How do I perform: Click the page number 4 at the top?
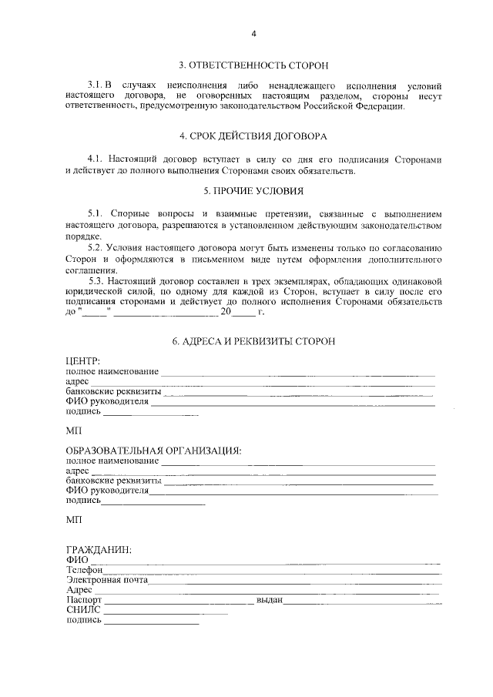coord(253,34)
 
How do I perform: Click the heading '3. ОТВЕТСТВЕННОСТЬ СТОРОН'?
coord(253,65)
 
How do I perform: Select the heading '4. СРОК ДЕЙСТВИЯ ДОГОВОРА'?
coord(253,136)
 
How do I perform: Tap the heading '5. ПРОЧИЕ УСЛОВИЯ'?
coord(253,190)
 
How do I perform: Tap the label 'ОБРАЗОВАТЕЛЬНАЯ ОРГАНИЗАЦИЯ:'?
coord(153,450)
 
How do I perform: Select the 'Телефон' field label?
coord(85,570)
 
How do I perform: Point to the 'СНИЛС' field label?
coord(84,610)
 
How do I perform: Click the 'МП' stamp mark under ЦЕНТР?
coord(73,429)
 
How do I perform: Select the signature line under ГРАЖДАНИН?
coord(150,621)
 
